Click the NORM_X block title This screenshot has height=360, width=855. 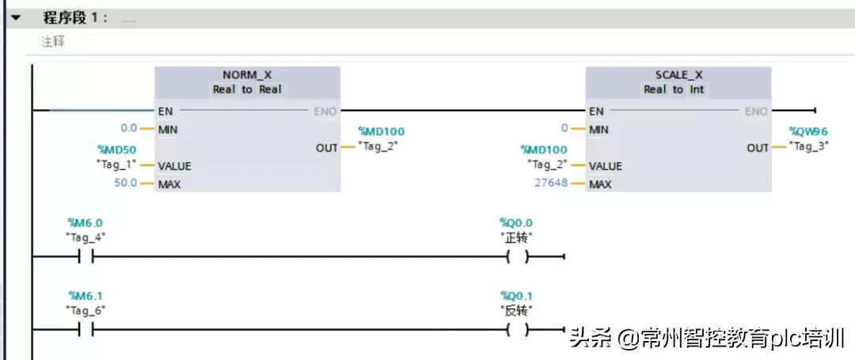247,75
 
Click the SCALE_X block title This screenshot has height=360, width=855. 678,75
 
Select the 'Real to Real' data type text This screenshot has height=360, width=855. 247,89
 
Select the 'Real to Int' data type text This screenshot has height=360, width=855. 678,89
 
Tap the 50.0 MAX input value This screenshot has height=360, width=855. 127,184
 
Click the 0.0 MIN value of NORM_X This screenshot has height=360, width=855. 128,128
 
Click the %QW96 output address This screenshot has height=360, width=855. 808,131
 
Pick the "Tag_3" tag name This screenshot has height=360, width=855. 808,146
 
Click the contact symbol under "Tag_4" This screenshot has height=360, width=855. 86,256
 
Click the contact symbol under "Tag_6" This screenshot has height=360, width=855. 86,329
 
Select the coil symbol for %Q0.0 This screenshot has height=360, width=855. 517,256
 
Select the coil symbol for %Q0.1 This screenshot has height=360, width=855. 517,329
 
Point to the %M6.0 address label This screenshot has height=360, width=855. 86,223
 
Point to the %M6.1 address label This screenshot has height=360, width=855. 86,296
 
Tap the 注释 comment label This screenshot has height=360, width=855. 53,42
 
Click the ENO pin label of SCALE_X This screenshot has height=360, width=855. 755,112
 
